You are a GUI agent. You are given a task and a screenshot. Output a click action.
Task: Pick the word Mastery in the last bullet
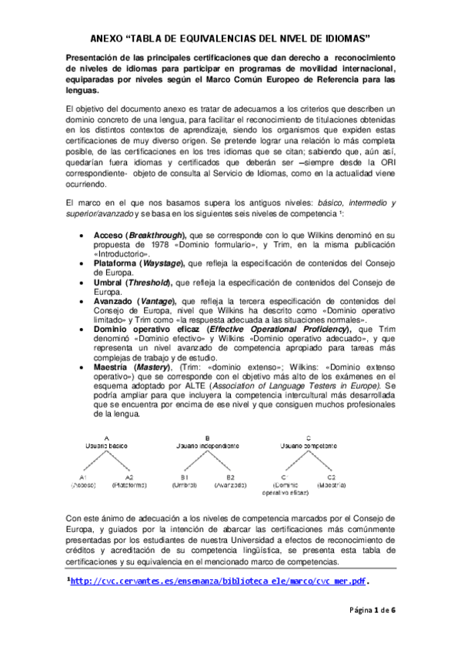coord(154,367)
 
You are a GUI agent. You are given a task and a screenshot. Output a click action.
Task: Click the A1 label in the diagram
coord(83,477)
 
